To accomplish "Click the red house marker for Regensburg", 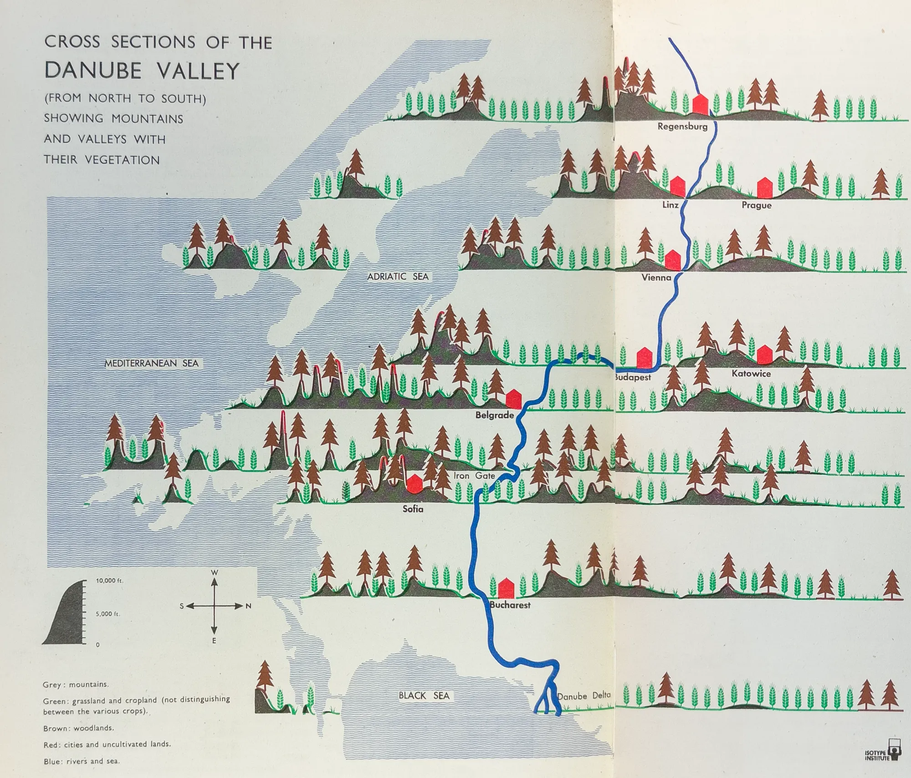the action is (700, 105).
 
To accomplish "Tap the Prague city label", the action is (757, 205).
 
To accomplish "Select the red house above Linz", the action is (678, 187).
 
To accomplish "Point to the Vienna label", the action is (656, 277).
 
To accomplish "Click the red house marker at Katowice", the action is (764, 355).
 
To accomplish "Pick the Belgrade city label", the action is (494, 415).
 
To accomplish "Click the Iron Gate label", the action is (474, 476).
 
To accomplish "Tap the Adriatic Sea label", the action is (398, 276).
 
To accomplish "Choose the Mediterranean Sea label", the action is (152, 363).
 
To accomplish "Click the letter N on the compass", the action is (249, 606).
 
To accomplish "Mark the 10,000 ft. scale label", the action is (109, 581).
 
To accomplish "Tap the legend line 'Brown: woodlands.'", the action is (78, 728).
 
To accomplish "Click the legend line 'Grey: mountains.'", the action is (76, 685).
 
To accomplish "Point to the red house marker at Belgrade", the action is (513, 399).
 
